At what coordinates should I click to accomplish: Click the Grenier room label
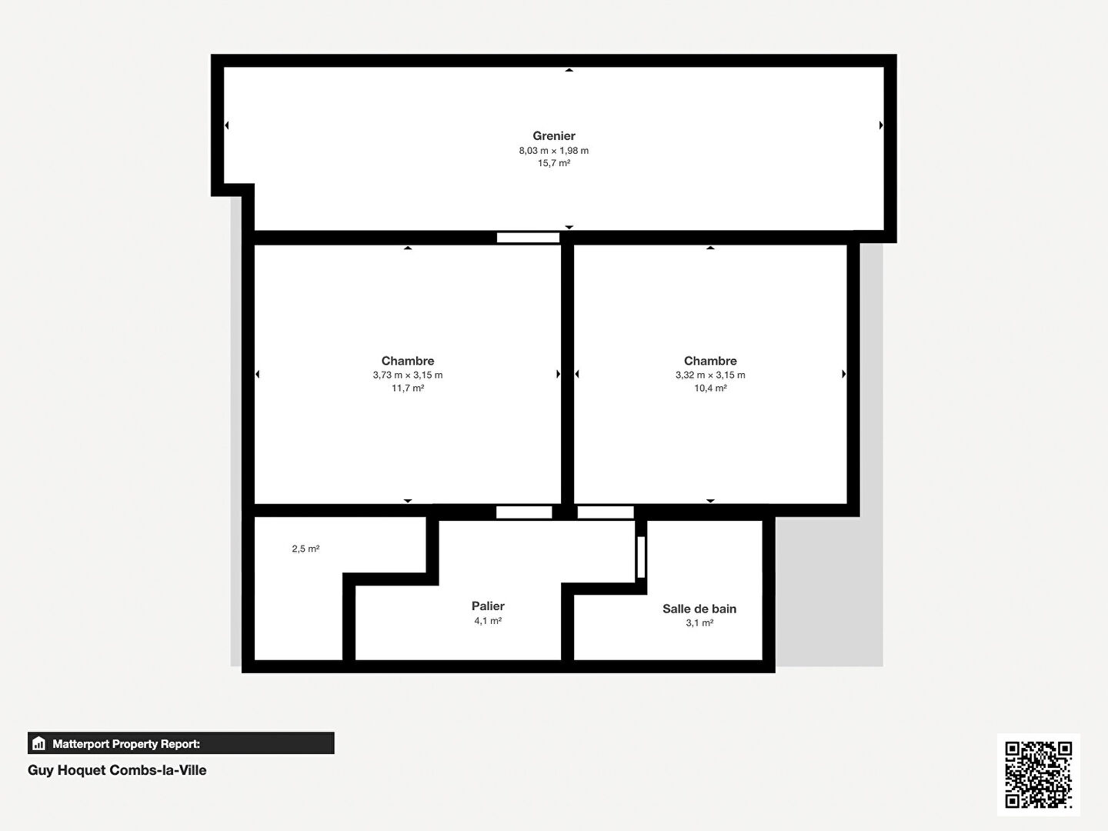tap(554, 136)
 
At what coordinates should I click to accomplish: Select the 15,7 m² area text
tap(554, 163)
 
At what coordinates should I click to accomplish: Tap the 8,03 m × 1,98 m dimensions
tap(554, 151)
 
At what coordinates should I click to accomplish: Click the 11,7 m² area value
tap(408, 389)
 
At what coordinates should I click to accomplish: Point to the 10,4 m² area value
tap(710, 389)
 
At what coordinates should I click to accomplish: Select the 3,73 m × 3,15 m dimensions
tap(408, 375)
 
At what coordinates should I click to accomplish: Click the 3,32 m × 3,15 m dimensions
tap(710, 375)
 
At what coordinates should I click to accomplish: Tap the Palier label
tap(488, 606)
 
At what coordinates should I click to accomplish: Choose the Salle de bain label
tap(699, 609)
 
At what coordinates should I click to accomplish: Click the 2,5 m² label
tap(305, 549)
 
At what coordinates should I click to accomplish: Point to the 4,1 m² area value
tap(488, 621)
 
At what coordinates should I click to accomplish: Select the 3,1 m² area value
tap(699, 623)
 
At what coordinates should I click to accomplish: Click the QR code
tap(1039, 775)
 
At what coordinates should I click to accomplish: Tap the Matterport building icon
tap(39, 743)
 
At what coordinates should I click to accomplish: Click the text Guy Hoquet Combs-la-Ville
tap(117, 770)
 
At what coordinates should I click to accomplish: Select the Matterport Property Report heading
tap(126, 744)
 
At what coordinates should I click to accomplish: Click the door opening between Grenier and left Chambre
tap(528, 238)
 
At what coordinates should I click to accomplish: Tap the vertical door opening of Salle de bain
tap(641, 557)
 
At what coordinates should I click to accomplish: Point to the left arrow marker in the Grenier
tap(227, 125)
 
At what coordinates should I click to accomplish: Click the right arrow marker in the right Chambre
tap(843, 374)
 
